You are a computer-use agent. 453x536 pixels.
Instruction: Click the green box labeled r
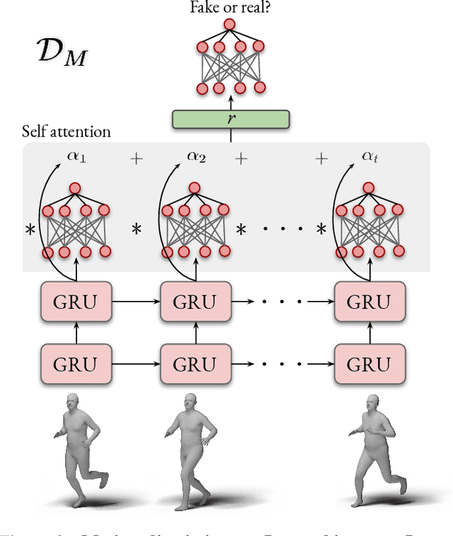[231, 119]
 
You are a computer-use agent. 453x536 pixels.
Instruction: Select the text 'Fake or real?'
[230, 8]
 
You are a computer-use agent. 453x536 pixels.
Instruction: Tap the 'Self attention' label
[66, 132]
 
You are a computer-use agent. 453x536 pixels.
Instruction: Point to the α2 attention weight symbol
[196, 156]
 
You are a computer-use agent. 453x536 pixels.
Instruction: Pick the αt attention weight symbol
[370, 156]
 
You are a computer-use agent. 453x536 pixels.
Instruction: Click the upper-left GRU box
[77, 302]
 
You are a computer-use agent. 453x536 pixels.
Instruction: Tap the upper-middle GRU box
[195, 302]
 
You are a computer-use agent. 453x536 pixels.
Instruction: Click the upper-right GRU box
[369, 302]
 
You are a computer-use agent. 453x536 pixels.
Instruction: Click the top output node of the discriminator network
[229, 25]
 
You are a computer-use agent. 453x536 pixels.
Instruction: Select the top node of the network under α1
[75, 188]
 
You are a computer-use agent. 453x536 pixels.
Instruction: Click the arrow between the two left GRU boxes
[77, 333]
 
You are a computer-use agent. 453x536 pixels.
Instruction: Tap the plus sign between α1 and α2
[136, 159]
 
